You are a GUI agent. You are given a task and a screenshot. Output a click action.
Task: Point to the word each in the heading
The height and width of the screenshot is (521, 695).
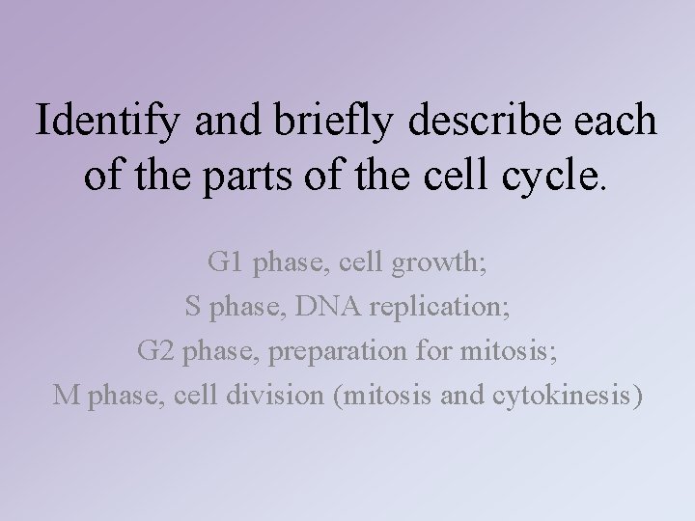point(614,122)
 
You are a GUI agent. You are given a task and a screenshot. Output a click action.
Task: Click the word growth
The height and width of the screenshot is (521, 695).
point(434,261)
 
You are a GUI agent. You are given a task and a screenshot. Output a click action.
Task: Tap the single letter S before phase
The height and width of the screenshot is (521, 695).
point(192,306)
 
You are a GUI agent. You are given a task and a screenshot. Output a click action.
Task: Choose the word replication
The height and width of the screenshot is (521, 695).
point(437,306)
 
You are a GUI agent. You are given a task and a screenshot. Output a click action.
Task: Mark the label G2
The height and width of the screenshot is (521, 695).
point(153,350)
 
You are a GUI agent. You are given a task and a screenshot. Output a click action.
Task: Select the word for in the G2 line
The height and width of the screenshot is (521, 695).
point(426,350)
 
